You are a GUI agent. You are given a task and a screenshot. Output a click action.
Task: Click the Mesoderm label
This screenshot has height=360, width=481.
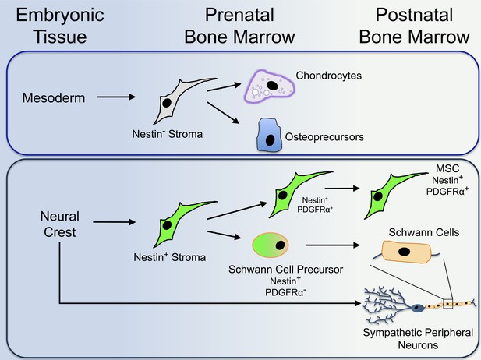[x=54, y=98]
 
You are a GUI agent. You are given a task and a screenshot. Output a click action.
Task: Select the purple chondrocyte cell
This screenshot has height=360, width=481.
[x=269, y=86]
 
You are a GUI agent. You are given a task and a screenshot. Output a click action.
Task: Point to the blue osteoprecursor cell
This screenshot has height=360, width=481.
[x=269, y=136]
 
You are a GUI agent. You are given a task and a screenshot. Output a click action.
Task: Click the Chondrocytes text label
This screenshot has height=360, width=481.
[x=328, y=76]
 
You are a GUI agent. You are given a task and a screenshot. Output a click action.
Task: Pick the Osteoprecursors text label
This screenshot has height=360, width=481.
[x=324, y=137]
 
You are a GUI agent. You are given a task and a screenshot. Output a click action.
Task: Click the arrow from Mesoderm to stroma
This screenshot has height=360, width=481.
[x=116, y=97]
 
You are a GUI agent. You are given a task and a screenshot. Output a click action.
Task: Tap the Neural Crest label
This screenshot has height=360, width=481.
[x=60, y=224]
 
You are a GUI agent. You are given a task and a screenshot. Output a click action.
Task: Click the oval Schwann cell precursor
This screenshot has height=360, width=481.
[x=271, y=245]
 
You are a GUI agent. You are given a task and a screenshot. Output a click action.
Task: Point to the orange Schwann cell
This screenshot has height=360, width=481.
[x=406, y=252]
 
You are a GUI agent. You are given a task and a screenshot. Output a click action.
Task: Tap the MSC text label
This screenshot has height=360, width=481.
[x=447, y=168]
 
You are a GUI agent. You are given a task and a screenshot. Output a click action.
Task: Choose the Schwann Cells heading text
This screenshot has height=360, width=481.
[x=424, y=232]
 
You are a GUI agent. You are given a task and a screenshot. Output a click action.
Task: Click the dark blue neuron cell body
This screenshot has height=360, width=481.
[x=417, y=308]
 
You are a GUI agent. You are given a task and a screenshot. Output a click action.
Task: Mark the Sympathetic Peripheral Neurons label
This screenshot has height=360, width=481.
[x=418, y=339]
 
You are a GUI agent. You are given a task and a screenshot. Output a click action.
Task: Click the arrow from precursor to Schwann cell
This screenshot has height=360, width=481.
[x=333, y=245]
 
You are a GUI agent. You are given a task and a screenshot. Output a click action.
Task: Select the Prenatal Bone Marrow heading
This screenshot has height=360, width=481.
[x=239, y=26]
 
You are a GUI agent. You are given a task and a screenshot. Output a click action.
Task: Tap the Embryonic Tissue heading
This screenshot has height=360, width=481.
[x=60, y=26]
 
